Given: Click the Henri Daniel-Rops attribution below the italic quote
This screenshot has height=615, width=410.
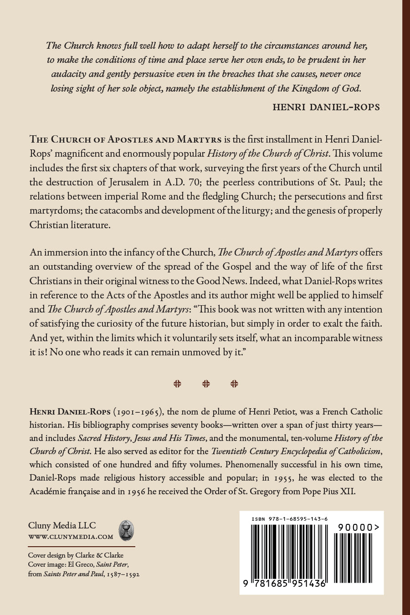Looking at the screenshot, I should (326, 107).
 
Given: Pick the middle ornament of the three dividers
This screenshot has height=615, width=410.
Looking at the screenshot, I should (206, 384).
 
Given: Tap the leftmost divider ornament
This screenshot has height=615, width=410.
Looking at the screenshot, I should (177, 384).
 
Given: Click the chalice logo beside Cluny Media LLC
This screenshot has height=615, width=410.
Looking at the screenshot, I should (125, 530).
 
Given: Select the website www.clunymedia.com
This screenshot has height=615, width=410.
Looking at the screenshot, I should (71, 537).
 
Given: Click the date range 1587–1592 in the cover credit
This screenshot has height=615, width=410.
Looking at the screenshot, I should (123, 574).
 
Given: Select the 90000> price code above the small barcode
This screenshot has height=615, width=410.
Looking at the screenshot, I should (359, 527).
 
